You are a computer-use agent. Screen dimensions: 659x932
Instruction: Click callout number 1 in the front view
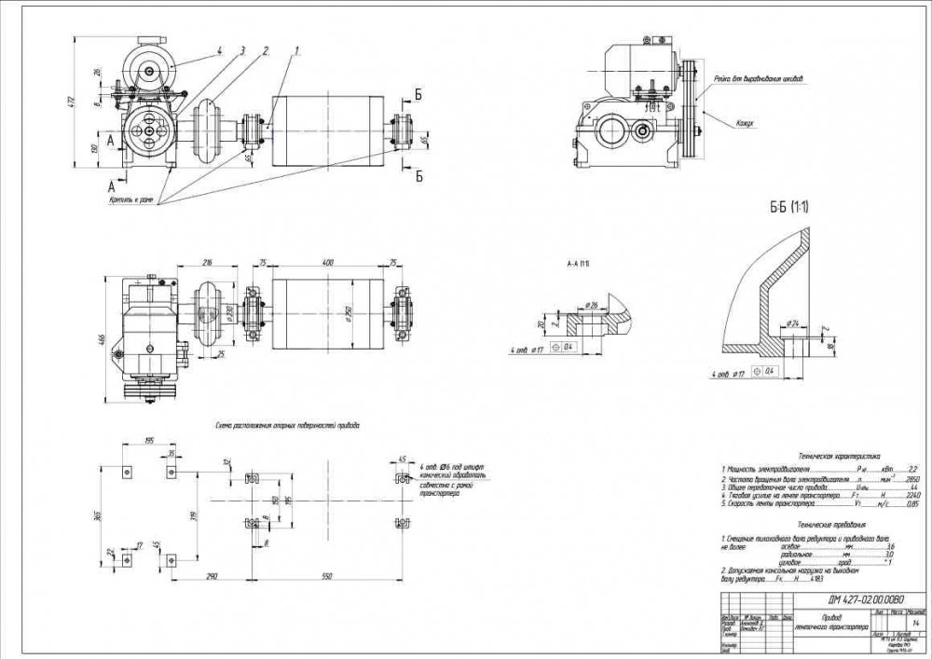tap(297, 49)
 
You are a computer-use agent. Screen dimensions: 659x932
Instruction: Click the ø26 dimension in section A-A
tap(592, 305)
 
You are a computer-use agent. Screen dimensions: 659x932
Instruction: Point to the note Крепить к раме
tap(130, 199)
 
